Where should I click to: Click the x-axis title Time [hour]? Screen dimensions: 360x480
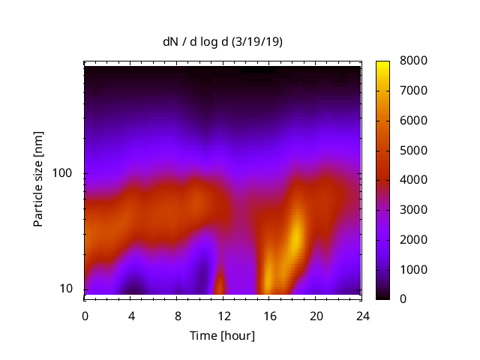(221, 335)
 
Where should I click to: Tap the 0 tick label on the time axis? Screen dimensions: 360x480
(85, 316)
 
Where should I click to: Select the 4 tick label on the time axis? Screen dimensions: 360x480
(131, 316)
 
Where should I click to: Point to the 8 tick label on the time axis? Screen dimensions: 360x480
(177, 316)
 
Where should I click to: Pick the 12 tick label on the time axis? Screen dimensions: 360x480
(223, 316)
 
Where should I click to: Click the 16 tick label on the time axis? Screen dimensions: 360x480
(269, 316)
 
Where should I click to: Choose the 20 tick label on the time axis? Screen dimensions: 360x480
(316, 316)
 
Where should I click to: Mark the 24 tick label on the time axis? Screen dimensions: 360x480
(361, 316)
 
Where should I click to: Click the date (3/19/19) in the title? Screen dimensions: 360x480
(257, 43)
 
